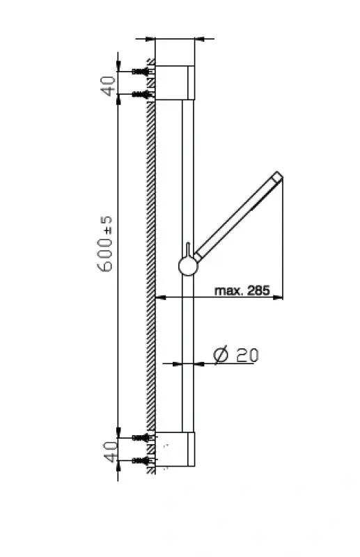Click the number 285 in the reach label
pyautogui.click(x=258, y=290)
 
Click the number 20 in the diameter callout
pyautogui.click(x=246, y=354)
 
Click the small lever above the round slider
pyautogui.click(x=188, y=249)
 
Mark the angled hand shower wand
pyautogui.click(x=237, y=217)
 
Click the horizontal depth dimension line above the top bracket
pyautogui.click(x=174, y=38)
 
